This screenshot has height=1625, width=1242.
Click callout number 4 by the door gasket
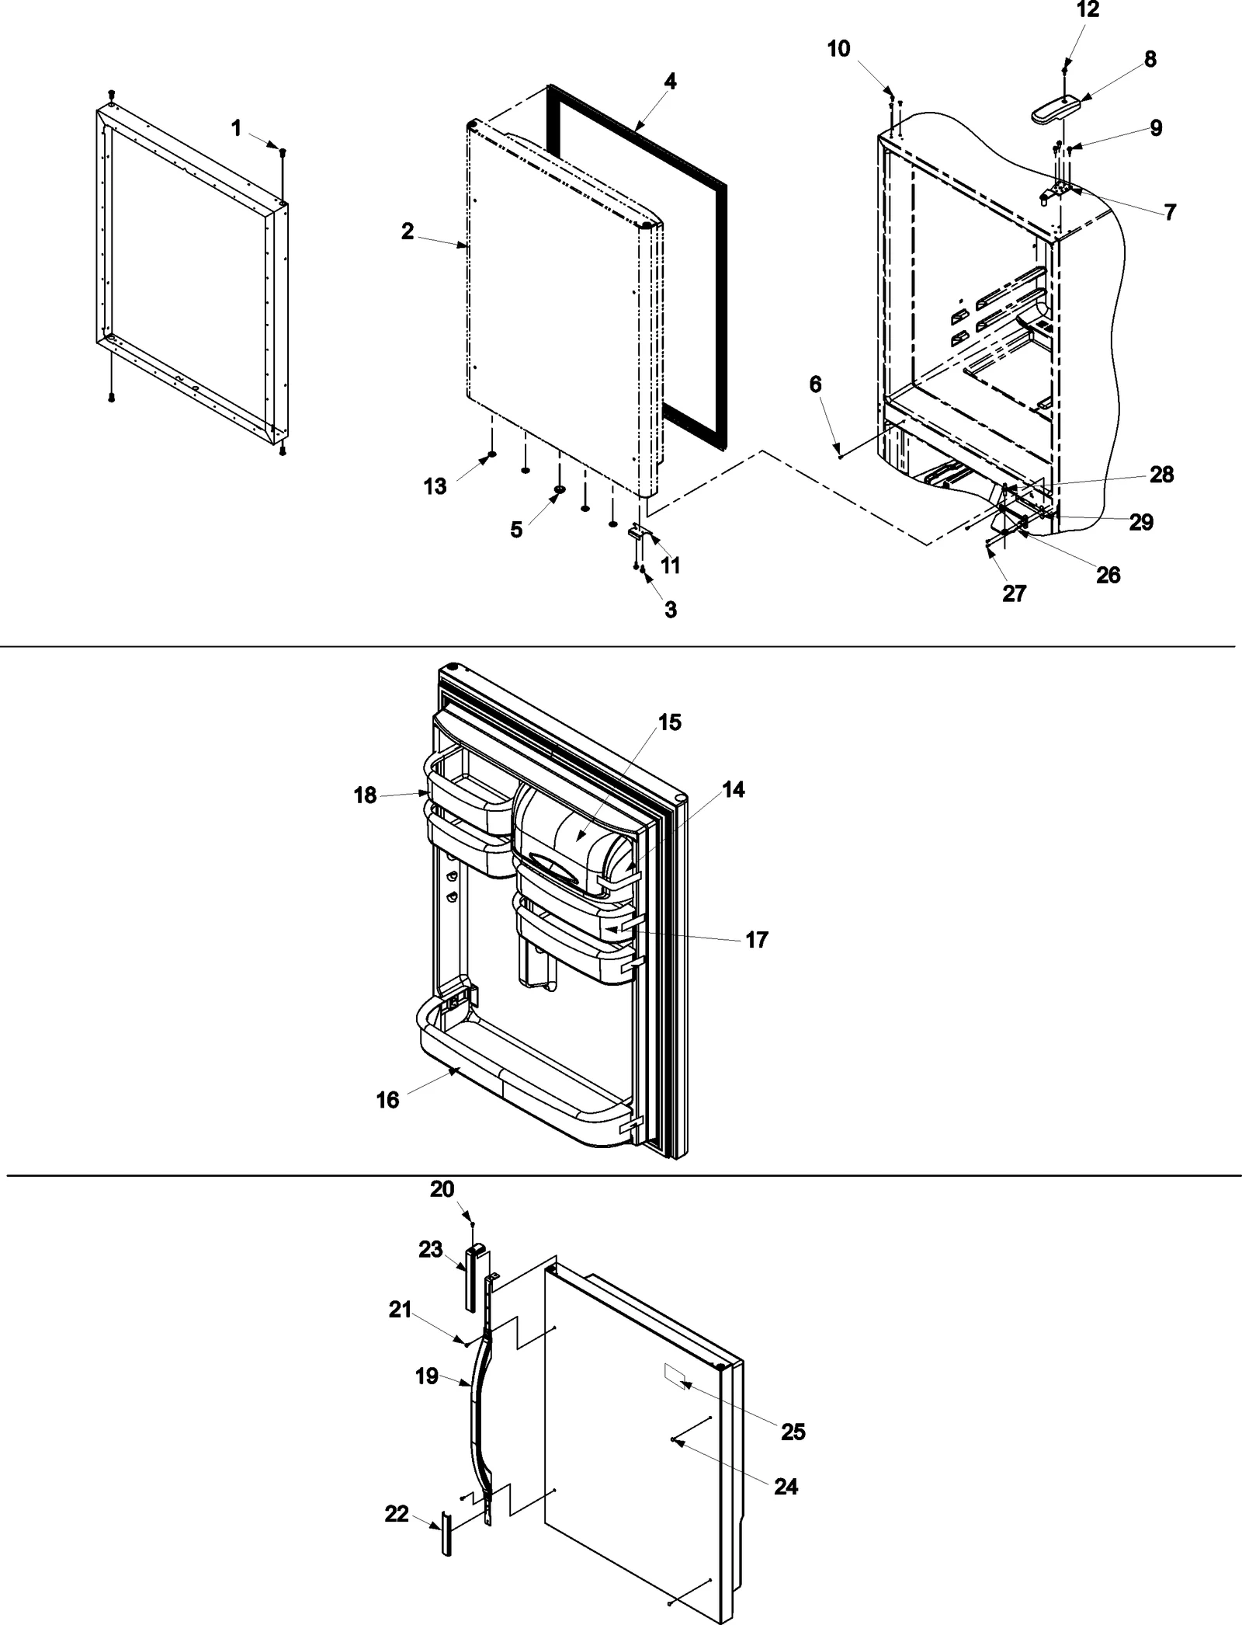coord(670,82)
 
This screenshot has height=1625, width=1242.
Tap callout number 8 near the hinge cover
coord(1150,59)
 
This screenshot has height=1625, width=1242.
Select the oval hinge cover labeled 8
coord(1056,107)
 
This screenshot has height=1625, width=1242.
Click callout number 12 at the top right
coord(1088,11)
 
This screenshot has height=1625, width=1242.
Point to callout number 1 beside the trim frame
coord(237,128)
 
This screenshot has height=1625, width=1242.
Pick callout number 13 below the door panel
coord(435,486)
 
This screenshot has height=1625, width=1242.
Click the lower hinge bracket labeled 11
coord(637,534)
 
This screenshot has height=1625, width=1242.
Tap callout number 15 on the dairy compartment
coord(669,722)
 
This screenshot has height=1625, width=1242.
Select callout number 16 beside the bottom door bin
coord(387,1100)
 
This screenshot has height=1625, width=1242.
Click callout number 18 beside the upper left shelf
coord(365,795)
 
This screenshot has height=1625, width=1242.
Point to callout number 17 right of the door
coord(756,940)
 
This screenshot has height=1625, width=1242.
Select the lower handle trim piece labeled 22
coord(446,1534)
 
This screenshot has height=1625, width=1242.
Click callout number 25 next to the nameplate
coord(793,1432)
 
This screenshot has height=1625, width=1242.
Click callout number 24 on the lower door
coord(786,1486)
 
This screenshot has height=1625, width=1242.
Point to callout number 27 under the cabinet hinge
coord(1014,593)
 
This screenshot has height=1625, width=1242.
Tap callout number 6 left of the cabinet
coord(815,385)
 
